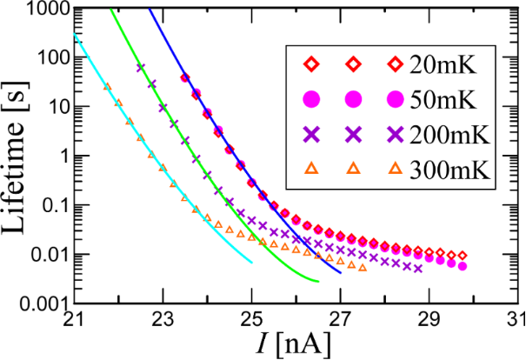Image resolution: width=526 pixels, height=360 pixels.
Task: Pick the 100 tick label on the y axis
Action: (x=50, y=58)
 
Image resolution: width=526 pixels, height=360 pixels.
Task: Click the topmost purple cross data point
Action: (x=140, y=67)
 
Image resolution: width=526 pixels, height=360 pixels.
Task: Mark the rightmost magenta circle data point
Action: (x=463, y=265)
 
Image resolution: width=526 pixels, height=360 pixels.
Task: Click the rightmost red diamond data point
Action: (x=463, y=256)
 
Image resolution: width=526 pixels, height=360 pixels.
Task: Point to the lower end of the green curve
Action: (x=319, y=282)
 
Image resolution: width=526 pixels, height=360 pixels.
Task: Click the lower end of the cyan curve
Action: (x=252, y=262)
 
